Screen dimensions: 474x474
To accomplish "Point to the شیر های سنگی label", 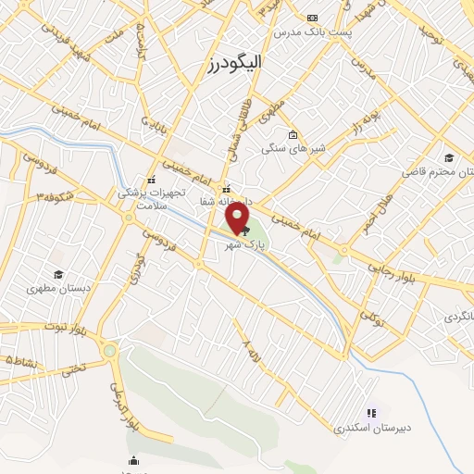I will click(290, 147).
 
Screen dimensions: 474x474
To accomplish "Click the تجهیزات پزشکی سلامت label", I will click(152, 197).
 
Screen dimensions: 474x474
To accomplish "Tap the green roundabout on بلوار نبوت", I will click(110, 351).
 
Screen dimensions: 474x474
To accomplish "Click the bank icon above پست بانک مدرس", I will click(312, 18).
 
